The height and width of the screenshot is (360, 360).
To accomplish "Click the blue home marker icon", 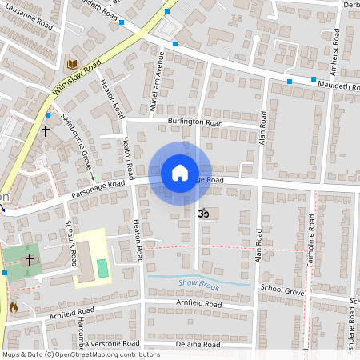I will click(x=180, y=173).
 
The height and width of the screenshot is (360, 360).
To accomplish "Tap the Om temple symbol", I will click(x=202, y=214).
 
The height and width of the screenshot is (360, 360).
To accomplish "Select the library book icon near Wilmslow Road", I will click(x=72, y=63).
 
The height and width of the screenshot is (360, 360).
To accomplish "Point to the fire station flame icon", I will click(x=13, y=306).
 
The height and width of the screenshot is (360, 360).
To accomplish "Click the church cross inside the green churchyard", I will click(x=30, y=260).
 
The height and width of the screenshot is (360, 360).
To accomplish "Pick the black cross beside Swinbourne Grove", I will click(x=46, y=130).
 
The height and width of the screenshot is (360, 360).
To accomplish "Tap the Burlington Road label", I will click(x=195, y=122).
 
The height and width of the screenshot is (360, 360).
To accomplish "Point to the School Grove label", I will click(x=283, y=293).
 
